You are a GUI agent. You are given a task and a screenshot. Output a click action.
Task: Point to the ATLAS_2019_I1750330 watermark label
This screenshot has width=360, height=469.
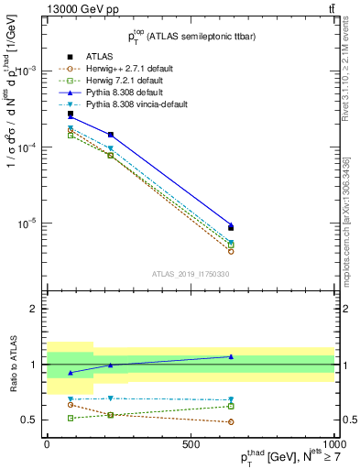pos(190,274)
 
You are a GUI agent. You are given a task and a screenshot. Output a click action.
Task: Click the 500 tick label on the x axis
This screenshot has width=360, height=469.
pos(190,442)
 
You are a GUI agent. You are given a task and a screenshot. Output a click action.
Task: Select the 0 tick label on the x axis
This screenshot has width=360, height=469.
pos(47,442)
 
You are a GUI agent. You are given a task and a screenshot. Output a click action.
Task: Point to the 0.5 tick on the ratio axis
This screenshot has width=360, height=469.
pos(28,420)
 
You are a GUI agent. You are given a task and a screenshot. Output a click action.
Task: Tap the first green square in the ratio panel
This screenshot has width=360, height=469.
pos(71,418)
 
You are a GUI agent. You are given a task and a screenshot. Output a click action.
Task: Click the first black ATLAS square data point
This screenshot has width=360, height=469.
pos(71,114)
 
